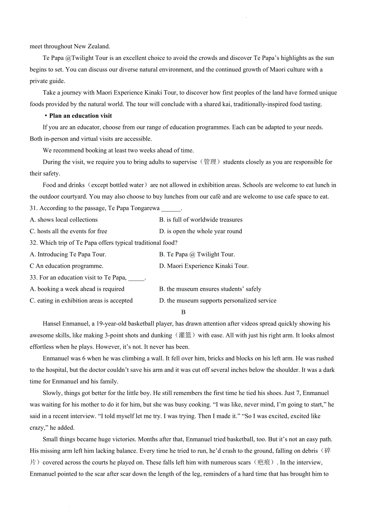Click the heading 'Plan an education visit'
tap(81, 116)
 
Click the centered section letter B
tap(183, 312)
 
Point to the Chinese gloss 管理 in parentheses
tap(210, 162)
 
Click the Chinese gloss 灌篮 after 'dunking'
tap(185, 335)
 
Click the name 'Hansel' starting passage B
tap(52, 324)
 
